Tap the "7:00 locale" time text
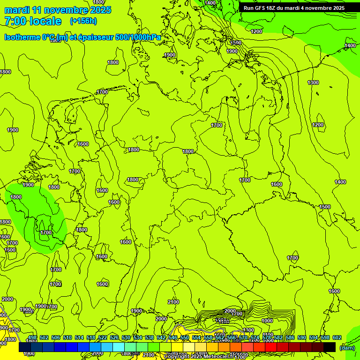pos(32,21)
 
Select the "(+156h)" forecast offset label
pos(83,21)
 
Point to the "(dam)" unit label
pos(347,348)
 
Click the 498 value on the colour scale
pos(32,337)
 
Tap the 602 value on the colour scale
pos(337,337)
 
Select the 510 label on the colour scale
pos(67,337)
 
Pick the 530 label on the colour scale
pos(126,337)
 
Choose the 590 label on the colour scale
pos(302,337)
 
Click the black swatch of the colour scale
pos(330,347)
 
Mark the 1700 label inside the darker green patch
pos(46,232)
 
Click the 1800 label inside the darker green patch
pos(16,197)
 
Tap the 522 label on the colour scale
pos(103,337)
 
